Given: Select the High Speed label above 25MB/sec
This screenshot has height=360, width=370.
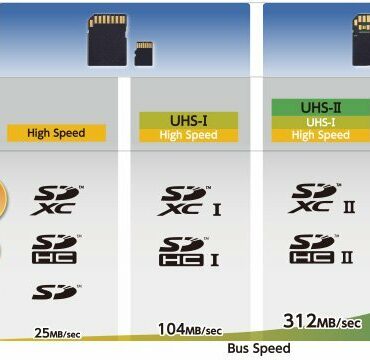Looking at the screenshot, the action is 56,133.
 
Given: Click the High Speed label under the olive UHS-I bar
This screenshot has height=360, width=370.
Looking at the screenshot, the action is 188,135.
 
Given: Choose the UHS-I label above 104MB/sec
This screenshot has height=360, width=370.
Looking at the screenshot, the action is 188,119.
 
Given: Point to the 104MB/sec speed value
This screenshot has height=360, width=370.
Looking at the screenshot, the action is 190,328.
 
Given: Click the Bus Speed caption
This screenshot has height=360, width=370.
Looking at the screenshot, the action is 259,349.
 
